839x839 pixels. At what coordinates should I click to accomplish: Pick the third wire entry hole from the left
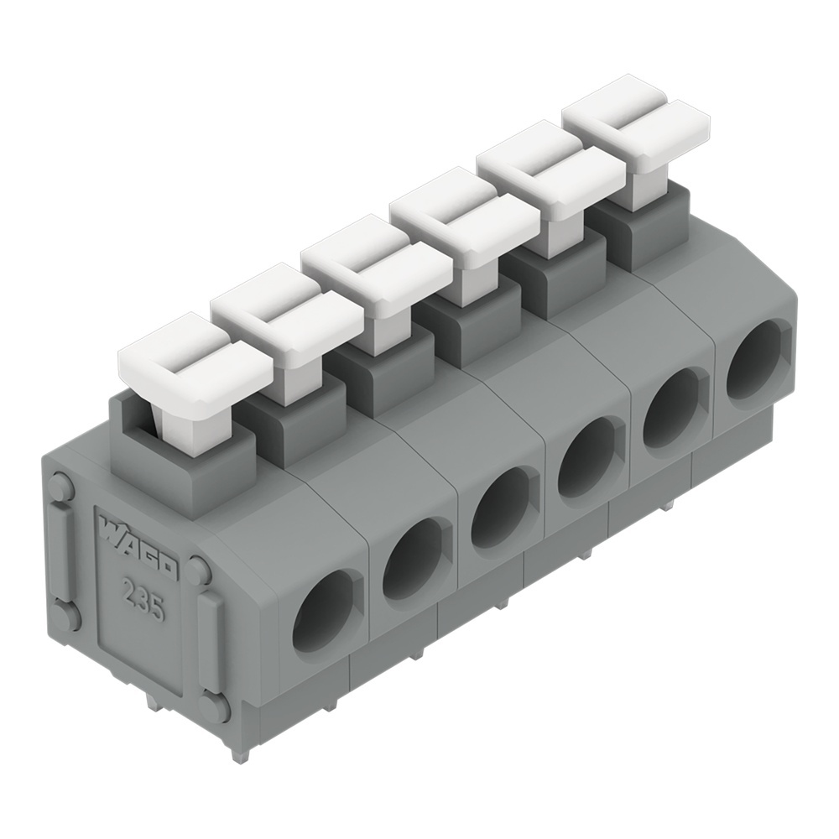click(x=500, y=510)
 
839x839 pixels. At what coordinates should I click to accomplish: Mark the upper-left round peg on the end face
click(x=61, y=486)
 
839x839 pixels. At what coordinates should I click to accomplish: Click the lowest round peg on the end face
click(x=214, y=706)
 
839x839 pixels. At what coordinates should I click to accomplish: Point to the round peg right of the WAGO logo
click(x=199, y=571)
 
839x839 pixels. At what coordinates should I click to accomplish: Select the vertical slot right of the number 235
click(x=210, y=642)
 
